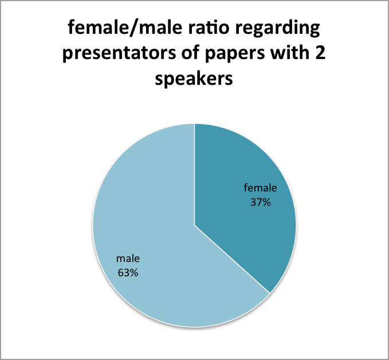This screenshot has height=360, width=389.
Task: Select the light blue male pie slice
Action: (149, 236)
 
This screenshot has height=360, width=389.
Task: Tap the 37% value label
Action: (260, 202)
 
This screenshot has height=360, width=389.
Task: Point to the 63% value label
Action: (128, 273)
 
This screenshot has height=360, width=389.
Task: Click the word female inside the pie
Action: (260, 187)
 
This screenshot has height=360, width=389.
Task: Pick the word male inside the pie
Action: (128, 259)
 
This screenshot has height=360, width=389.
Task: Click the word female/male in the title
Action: (125, 28)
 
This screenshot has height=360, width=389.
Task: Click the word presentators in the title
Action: (119, 53)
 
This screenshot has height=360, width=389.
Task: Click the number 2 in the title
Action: (320, 53)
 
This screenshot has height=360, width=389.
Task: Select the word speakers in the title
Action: (194, 79)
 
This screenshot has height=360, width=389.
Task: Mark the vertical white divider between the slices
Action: (195, 174)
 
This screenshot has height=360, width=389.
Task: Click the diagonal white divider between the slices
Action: (232, 259)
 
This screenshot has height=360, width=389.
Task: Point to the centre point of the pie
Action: (195, 225)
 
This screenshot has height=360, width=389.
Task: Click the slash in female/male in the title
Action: (133, 28)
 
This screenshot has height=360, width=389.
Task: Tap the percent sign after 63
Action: (134, 273)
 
